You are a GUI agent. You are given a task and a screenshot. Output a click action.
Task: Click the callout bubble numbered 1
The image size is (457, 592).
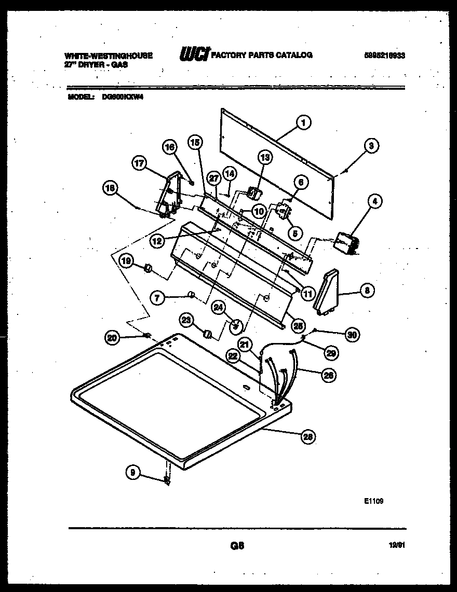303,123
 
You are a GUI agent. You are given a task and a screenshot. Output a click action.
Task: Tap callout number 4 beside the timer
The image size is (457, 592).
372,201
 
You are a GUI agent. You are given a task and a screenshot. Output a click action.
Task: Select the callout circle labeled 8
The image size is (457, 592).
366,291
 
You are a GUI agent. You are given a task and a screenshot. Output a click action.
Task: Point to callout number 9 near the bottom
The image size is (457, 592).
133,472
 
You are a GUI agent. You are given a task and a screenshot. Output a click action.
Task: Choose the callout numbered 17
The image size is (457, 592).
140,164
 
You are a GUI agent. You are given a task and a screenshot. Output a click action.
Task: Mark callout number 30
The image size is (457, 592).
352,335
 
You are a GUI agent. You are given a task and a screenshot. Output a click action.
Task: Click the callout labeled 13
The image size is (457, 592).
265,157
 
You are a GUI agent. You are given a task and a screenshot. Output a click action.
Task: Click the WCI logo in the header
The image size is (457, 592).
194,54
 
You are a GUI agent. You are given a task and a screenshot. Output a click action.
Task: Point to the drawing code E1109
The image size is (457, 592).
373,501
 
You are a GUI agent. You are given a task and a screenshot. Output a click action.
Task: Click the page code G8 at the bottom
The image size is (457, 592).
236,545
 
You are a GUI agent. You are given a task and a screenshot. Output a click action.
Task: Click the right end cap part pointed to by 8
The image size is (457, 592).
327,293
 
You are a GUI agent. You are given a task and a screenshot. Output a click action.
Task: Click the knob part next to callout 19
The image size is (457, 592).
147,268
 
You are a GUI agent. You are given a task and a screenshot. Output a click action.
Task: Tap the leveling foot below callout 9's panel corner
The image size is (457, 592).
167,481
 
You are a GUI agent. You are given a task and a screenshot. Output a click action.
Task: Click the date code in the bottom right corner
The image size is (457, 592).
397,545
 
